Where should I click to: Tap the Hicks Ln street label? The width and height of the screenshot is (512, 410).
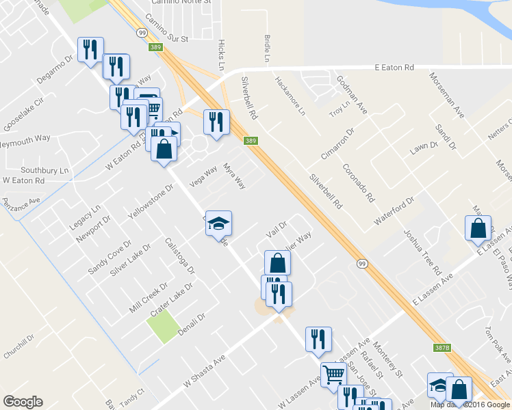pyautogui.click(x=220, y=55)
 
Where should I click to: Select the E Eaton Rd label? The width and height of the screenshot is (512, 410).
pyautogui.click(x=395, y=68)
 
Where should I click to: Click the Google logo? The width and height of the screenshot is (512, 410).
pyautogui.click(x=23, y=402)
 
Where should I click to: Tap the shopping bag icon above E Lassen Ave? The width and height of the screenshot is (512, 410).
pyautogui.click(x=478, y=228)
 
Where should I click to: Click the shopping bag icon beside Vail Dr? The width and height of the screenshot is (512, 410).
pyautogui.click(x=277, y=262)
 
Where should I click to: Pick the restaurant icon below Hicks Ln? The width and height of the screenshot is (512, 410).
pyautogui.click(x=216, y=122)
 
